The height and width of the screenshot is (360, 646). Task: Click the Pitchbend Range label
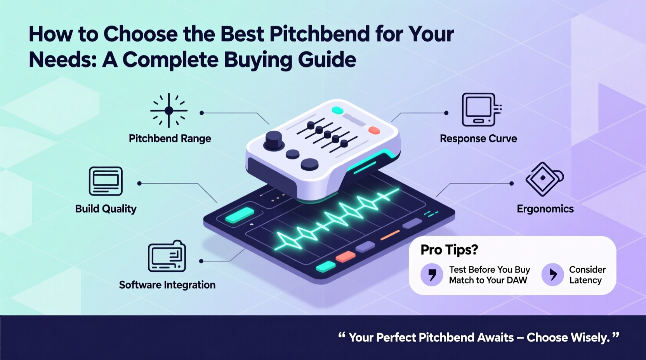(170, 138)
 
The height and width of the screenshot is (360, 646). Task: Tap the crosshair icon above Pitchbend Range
(169, 111)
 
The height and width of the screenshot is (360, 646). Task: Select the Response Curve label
(478, 138)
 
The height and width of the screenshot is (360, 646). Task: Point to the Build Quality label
(106, 209)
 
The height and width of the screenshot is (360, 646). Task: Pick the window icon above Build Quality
(106, 181)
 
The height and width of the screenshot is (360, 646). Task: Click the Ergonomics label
(545, 209)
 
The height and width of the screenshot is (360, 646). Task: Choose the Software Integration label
(167, 285)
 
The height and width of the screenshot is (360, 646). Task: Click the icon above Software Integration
(167, 256)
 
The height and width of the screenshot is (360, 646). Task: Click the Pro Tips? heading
(449, 249)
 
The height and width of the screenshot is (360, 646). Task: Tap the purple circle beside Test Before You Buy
(432, 274)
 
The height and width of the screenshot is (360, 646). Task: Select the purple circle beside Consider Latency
(552, 274)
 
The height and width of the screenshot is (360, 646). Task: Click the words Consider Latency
(587, 275)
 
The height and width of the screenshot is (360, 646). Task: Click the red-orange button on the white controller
(374, 130)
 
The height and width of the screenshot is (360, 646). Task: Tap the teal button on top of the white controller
(338, 110)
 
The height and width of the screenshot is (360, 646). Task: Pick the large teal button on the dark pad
(240, 215)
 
